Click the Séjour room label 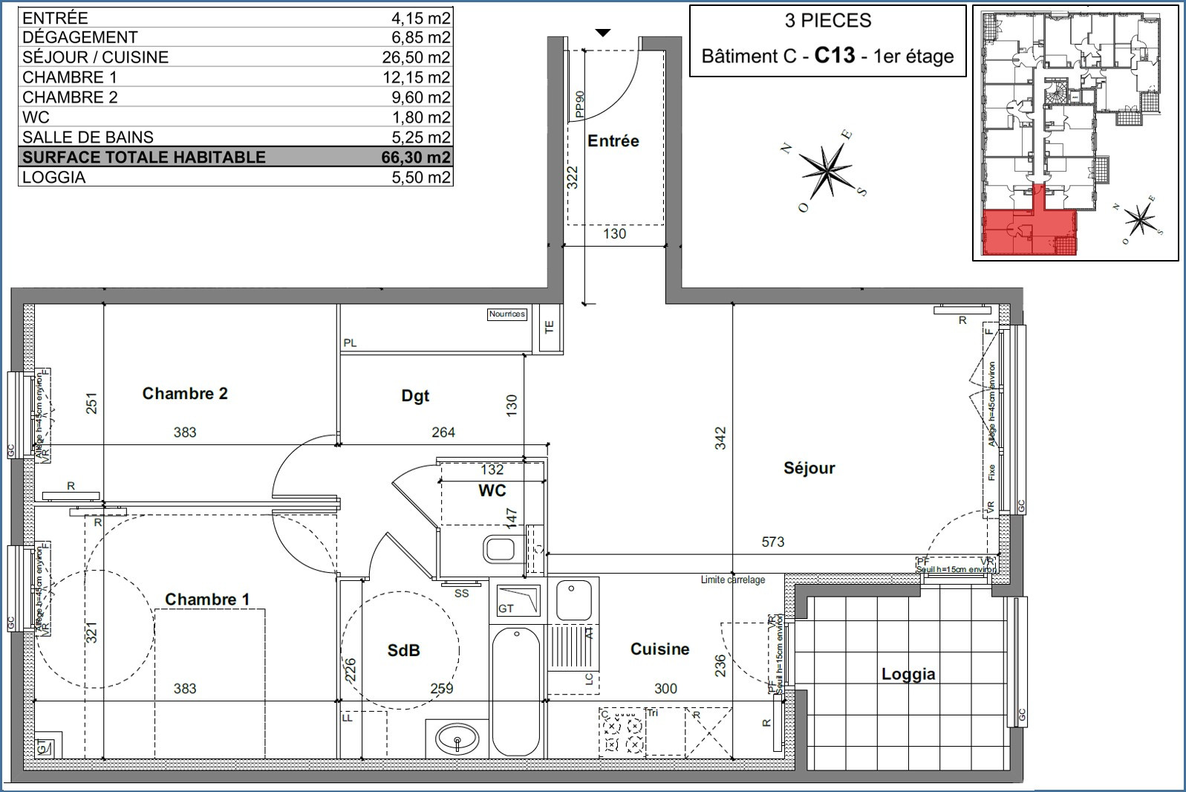[809, 468]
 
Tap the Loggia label [908, 674]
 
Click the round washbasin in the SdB [457, 740]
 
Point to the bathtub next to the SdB [515, 691]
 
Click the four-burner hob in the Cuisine [622, 732]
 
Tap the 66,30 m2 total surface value [416, 157]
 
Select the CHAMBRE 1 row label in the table [70, 77]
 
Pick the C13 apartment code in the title [834, 56]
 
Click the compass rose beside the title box [826, 169]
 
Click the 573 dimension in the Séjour [772, 542]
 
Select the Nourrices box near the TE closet [506, 314]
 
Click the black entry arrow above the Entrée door [603, 33]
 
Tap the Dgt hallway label [415, 396]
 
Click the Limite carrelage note [732, 580]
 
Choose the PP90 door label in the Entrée [580, 105]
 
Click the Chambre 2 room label [185, 393]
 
